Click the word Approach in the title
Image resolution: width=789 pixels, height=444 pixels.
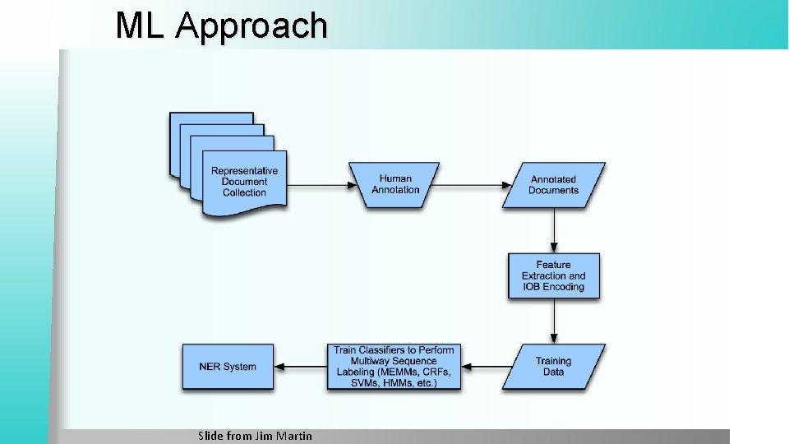click(x=251, y=25)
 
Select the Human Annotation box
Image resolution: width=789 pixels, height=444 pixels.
click(x=395, y=184)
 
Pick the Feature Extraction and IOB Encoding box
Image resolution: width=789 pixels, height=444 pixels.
click(x=553, y=275)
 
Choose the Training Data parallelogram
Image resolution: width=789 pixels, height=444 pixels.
click(x=553, y=367)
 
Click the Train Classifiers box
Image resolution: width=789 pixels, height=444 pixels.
click(x=393, y=367)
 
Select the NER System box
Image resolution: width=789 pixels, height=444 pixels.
click(x=228, y=367)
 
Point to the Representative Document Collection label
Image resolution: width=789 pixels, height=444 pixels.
click(x=244, y=182)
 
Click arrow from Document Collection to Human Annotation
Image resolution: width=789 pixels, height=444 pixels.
click(x=318, y=185)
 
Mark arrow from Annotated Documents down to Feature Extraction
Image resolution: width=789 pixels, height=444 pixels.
click(x=554, y=229)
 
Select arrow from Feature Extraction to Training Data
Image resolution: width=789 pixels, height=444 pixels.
click(x=554, y=321)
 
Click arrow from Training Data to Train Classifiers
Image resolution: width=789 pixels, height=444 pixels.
click(x=486, y=367)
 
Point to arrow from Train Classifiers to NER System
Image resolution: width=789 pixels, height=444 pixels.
click(x=300, y=367)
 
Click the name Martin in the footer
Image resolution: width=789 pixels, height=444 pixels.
click(x=293, y=436)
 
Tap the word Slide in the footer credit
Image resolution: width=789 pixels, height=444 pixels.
click(x=211, y=436)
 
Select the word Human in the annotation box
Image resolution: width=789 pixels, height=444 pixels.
click(x=395, y=178)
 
